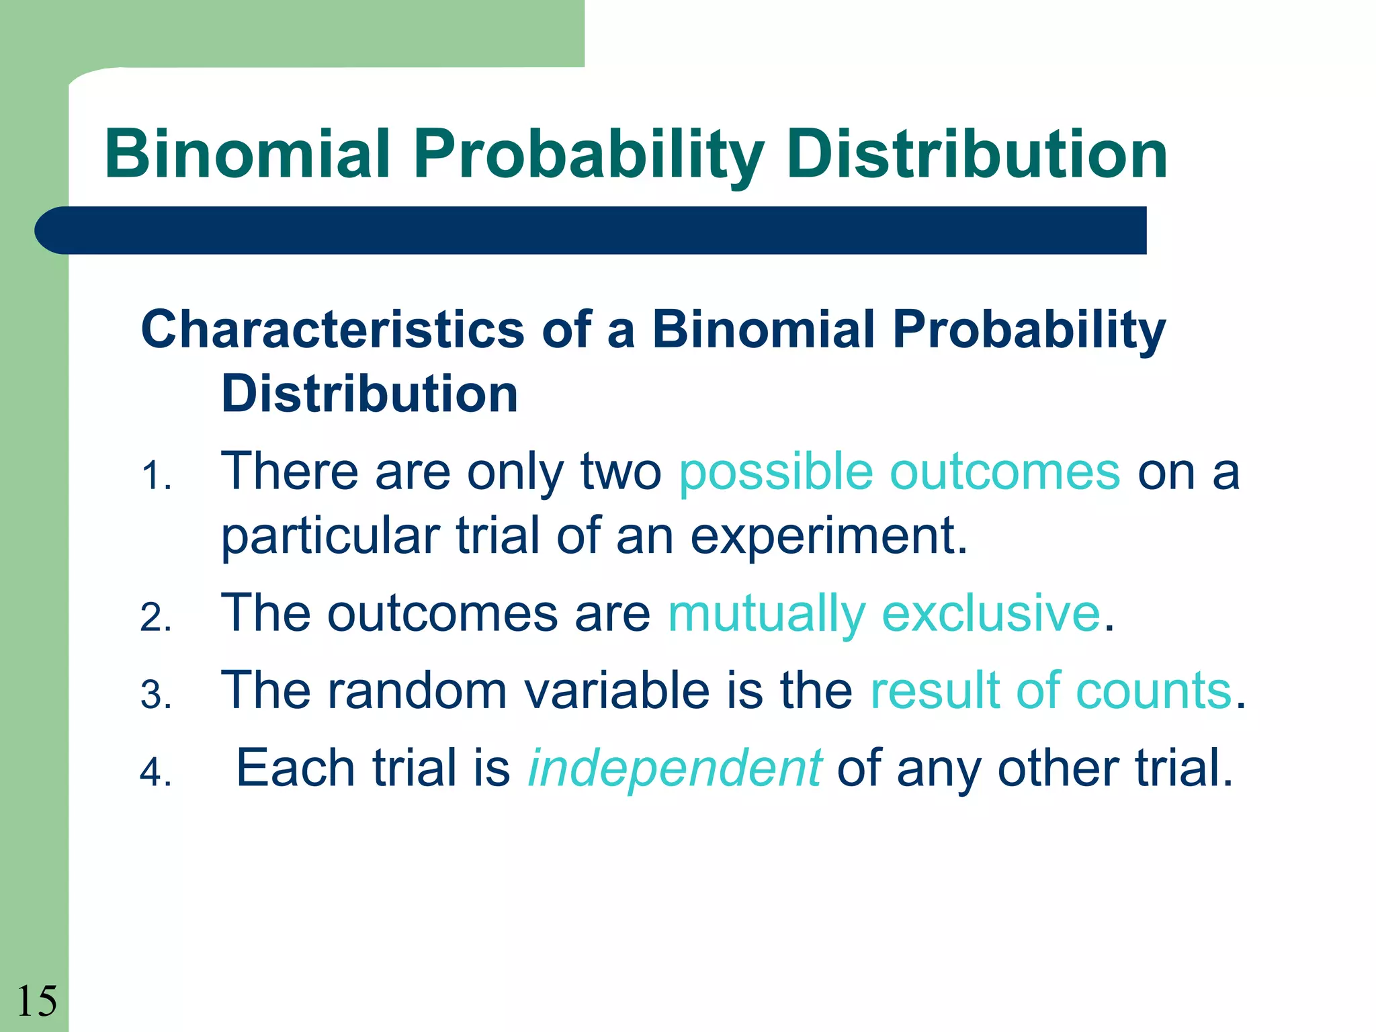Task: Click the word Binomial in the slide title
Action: tap(247, 155)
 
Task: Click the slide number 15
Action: tap(36, 1001)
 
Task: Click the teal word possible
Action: tap(775, 472)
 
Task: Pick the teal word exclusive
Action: tap(991, 613)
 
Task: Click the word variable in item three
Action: tap(617, 691)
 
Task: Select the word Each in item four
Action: tap(295, 768)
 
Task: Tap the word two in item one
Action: tap(621, 472)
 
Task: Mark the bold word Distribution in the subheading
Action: tap(370, 394)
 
